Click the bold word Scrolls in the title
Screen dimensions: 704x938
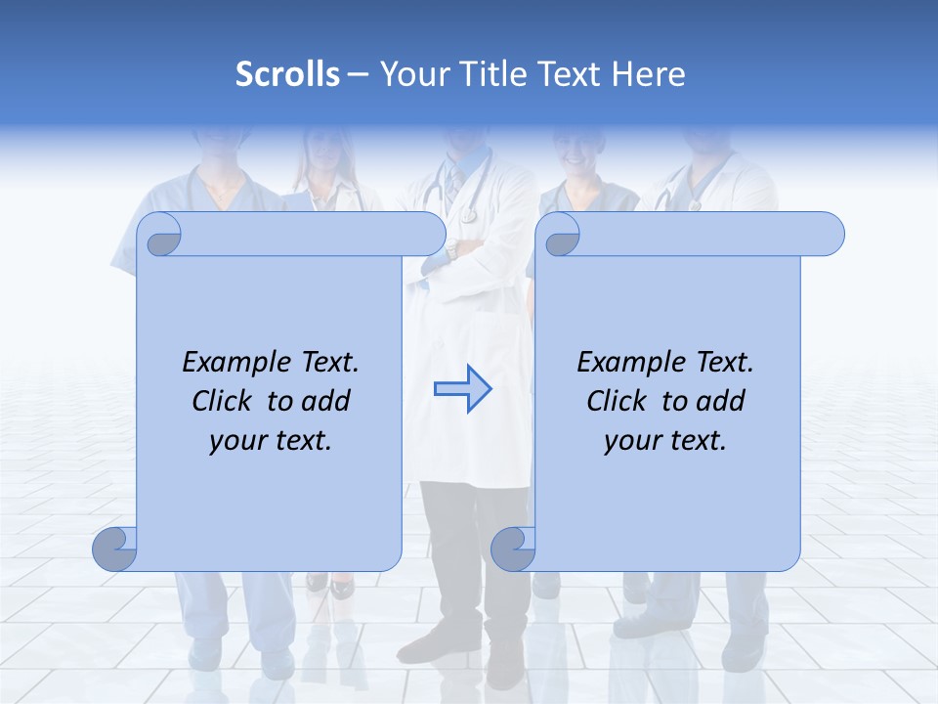tap(287, 74)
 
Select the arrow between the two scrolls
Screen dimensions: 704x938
tap(462, 389)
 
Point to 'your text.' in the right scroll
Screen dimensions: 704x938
tap(665, 441)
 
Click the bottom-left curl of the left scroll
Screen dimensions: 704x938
tap(115, 549)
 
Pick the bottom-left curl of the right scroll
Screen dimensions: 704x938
tap(513, 549)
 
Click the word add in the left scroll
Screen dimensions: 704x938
tap(327, 401)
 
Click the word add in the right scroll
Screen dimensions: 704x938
tap(722, 401)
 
